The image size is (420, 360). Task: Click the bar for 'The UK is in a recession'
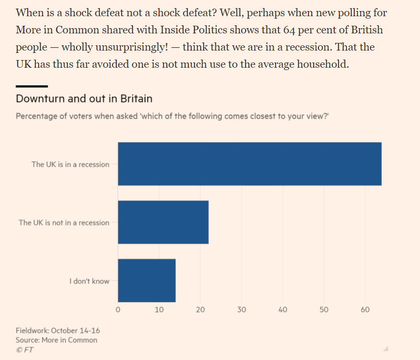point(249,164)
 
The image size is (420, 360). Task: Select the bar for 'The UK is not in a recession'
point(163,222)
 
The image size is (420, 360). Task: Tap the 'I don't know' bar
point(146,280)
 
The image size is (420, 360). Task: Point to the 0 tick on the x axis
point(118,310)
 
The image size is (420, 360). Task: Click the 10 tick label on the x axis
point(159,310)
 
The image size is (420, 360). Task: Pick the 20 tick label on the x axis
point(200,310)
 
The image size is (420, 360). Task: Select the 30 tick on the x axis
point(242,310)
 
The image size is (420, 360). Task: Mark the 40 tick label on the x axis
point(283,310)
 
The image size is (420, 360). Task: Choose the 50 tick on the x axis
point(324,310)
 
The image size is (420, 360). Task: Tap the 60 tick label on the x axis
point(365,310)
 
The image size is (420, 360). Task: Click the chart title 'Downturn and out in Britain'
point(84,99)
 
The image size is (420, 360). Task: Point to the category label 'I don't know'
point(89,281)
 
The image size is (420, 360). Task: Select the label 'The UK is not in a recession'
point(64,223)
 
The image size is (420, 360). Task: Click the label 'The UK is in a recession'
point(70,164)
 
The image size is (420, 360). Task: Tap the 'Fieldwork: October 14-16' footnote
point(58,330)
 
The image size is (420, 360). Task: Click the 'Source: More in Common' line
point(56,340)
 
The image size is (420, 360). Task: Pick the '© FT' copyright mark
point(24,350)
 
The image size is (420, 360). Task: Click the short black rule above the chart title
point(31,86)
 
